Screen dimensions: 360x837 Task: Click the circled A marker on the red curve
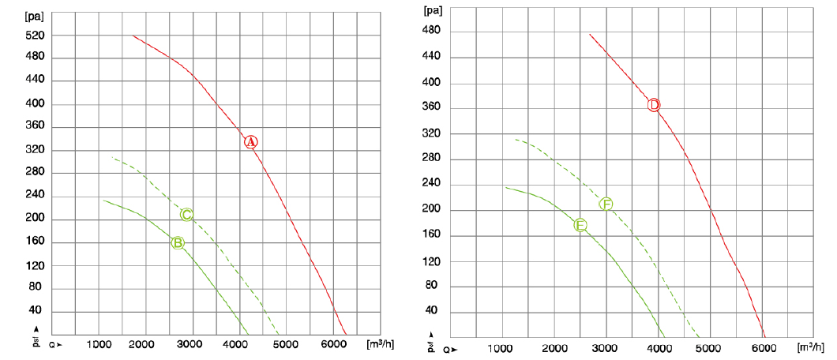[x=250, y=142]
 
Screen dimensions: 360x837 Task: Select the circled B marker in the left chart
[x=178, y=243]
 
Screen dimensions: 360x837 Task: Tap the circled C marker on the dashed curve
[x=186, y=215]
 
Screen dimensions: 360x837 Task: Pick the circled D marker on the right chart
[x=654, y=105]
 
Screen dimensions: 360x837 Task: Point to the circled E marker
[x=580, y=225]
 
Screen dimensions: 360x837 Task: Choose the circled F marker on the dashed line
[x=606, y=204]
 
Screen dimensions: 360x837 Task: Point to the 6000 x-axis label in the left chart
[x=332, y=345]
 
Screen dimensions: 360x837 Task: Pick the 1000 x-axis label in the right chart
[x=502, y=348]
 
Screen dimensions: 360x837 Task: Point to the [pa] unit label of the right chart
[x=434, y=10]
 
